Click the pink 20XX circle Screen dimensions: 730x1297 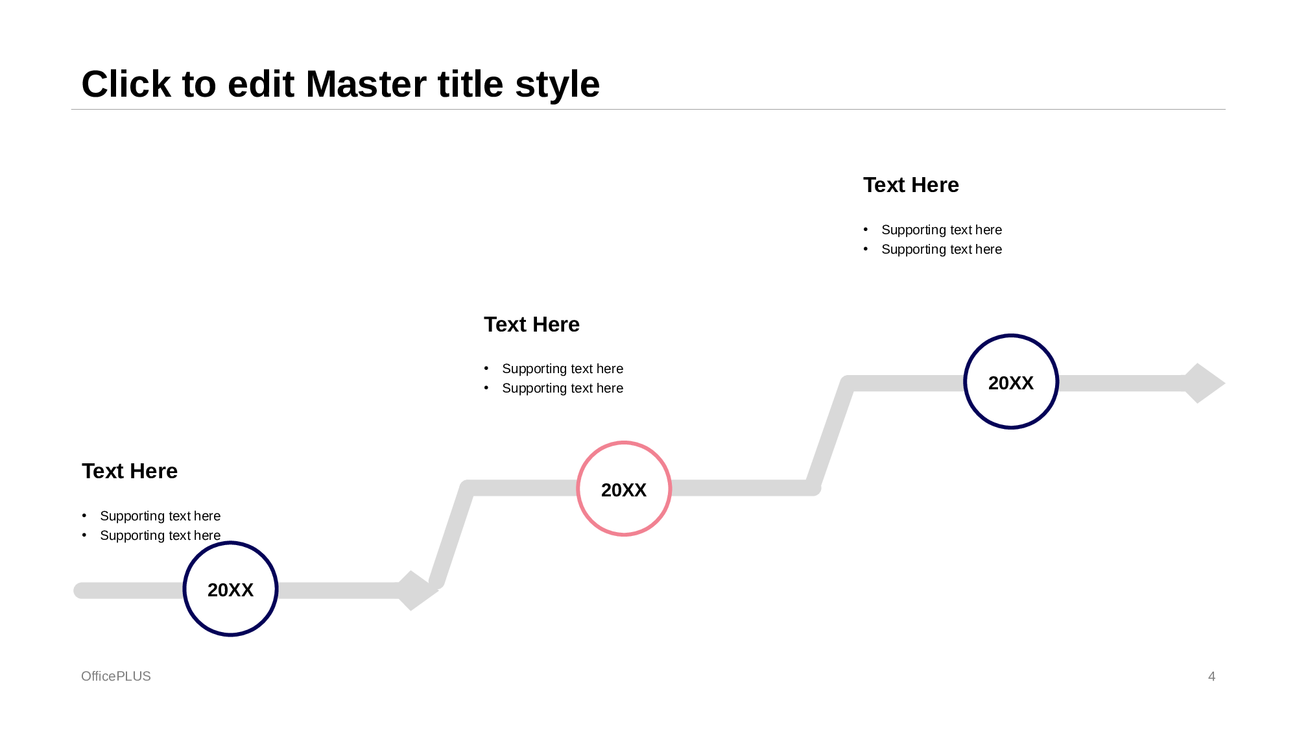[624, 489]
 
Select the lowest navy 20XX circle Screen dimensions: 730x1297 [230, 589]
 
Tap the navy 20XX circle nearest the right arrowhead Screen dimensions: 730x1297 [1011, 382]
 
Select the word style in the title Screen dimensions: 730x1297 [557, 84]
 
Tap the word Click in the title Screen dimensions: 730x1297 [126, 84]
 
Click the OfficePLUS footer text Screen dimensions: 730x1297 [116, 676]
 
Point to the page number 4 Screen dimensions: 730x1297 [1211, 676]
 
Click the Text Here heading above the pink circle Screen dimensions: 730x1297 [532, 324]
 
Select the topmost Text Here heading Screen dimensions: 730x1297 [910, 185]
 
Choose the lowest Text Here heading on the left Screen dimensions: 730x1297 [130, 471]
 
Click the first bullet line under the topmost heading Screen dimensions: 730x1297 [941, 230]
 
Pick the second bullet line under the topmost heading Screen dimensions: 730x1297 [941, 249]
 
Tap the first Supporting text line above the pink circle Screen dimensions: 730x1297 [562, 369]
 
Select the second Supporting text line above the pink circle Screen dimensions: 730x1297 [562, 388]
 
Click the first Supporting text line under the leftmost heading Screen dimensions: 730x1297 [160, 516]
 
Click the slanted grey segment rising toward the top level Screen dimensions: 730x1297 [830, 435]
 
